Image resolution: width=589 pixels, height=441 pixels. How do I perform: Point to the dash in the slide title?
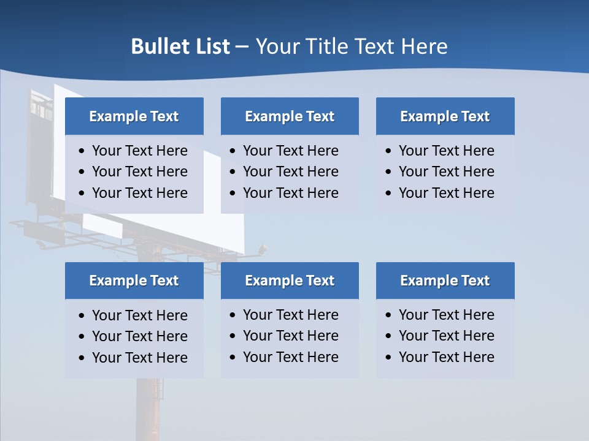pos(242,47)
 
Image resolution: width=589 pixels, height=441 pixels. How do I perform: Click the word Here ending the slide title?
pos(424,47)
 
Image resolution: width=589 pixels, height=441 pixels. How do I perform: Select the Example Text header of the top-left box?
pos(134,116)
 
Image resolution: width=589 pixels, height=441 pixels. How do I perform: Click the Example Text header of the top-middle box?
pos(290,116)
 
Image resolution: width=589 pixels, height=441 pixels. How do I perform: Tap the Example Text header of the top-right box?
pos(445,116)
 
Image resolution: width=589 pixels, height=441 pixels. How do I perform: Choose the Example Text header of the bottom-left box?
pos(134,281)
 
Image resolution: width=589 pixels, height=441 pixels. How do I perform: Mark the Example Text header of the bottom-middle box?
pos(290,281)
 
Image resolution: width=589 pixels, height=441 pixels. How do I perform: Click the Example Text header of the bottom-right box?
pos(445,281)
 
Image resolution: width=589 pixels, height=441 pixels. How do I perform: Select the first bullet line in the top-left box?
pos(139,151)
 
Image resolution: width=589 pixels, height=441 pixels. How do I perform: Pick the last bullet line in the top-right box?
pos(446,193)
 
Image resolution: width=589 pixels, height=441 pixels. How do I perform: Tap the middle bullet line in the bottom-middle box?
pos(290,336)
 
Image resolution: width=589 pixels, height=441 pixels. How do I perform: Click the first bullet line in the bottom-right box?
pos(446,315)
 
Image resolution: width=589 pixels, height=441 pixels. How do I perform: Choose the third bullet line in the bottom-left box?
pos(139,358)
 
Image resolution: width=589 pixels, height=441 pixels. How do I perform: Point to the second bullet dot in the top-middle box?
pos(233,172)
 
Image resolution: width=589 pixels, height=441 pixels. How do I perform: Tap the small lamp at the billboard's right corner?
pos(263,249)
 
